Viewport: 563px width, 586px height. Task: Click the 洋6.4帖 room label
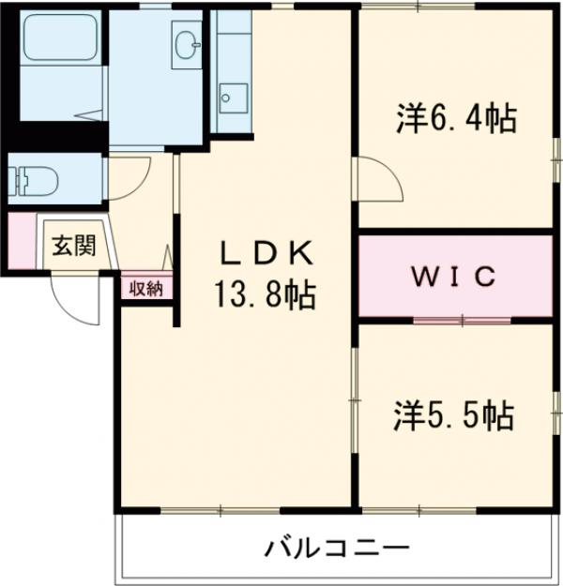point(455,120)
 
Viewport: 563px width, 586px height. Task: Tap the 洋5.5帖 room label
point(454,414)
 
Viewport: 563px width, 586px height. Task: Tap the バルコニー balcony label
point(336,547)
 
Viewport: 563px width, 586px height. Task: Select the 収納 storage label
point(146,288)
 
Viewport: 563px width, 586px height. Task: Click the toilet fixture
point(34,177)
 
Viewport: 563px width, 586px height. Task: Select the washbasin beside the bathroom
point(187,41)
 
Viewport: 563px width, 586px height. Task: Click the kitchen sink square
point(232,97)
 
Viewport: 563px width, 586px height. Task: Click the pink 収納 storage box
point(146,288)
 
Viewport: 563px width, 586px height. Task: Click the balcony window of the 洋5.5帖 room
point(455,510)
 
